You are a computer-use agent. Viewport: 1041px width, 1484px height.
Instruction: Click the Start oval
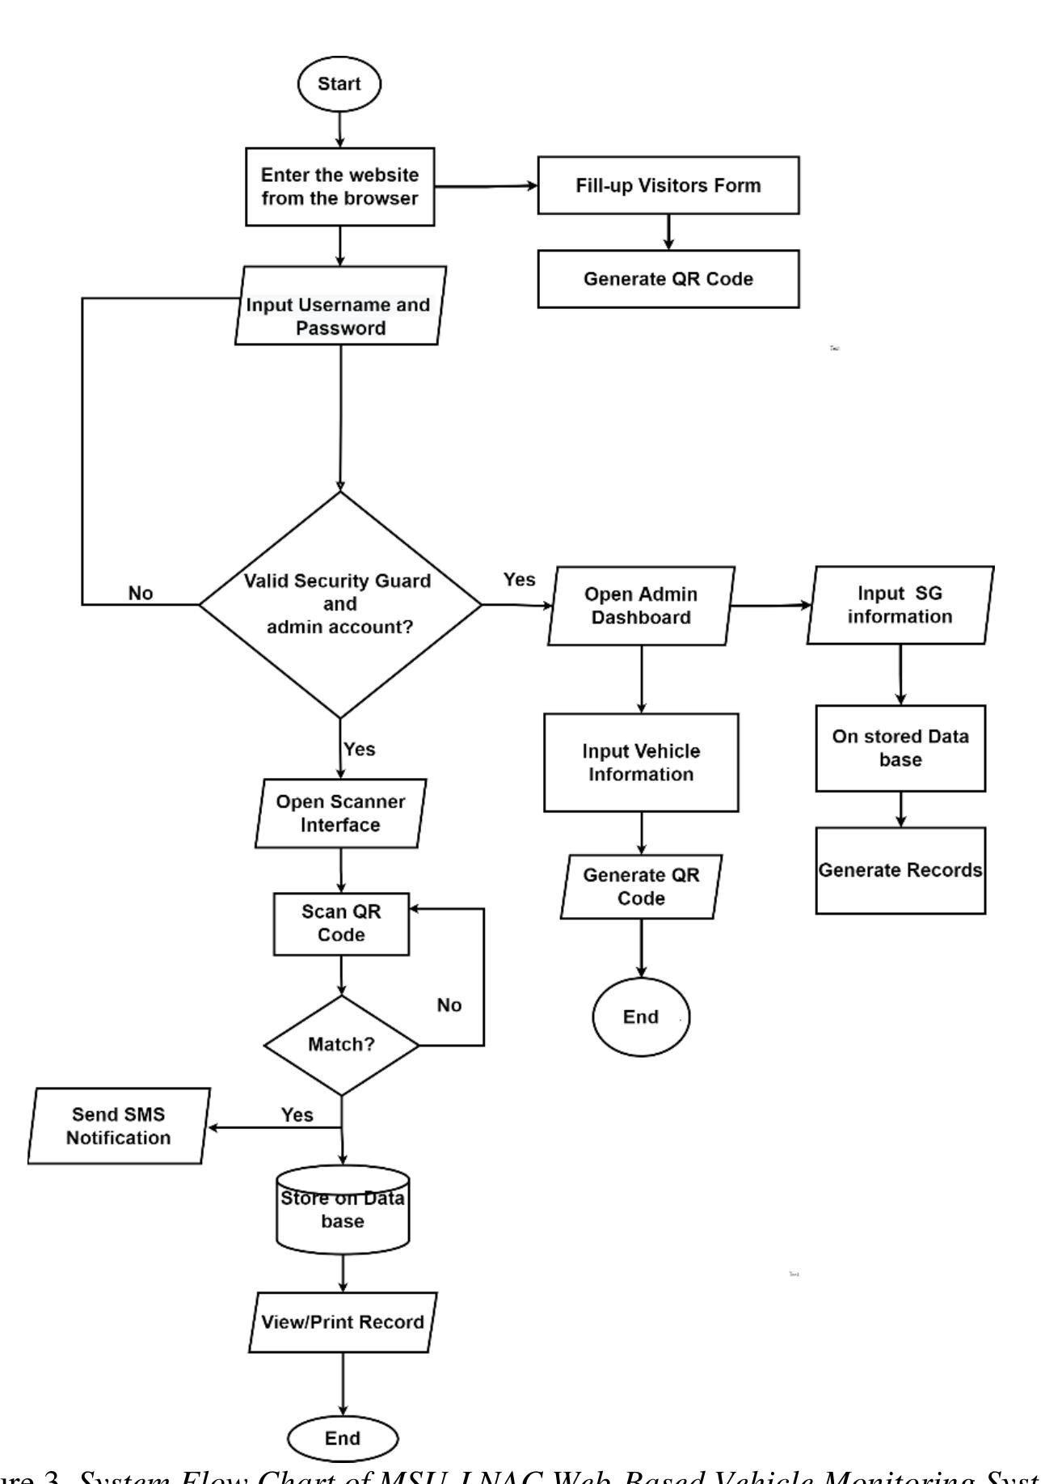coord(339,84)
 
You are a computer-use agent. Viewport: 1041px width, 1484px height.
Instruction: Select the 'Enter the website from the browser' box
coord(339,187)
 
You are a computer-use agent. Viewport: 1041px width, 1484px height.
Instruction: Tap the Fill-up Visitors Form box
coord(668,186)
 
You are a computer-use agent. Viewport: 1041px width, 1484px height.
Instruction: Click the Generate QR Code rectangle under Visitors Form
coord(668,279)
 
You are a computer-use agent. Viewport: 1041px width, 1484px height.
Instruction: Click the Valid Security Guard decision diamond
coord(339,604)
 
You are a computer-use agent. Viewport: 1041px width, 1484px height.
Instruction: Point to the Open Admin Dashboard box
coord(641,606)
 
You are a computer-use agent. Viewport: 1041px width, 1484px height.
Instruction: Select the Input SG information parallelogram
coord(900,605)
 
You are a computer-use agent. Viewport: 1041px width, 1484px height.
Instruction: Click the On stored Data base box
coord(900,748)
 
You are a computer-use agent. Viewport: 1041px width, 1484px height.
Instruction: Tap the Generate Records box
coord(900,870)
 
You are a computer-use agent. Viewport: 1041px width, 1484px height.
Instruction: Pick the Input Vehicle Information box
coord(641,763)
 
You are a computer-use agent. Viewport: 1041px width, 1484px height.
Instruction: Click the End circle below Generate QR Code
coord(641,1017)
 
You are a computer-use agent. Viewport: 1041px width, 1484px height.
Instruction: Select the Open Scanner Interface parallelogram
coord(340,814)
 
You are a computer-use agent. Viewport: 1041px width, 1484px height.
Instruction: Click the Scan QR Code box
coord(341,924)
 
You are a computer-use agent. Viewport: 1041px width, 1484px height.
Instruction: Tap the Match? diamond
coord(341,1045)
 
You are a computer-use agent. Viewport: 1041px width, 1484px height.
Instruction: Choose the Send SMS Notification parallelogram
coord(119,1126)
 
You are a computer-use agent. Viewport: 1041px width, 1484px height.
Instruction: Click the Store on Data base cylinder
coord(343,1210)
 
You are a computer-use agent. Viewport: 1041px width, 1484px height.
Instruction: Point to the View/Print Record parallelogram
coord(343,1322)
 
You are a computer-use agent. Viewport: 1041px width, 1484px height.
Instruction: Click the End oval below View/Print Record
coord(343,1439)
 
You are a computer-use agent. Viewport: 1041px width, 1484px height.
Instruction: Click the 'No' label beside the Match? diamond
coord(449,1005)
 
